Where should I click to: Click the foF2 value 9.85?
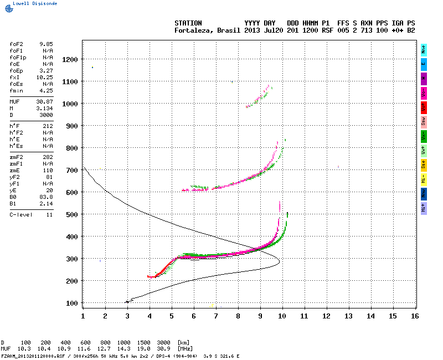[46, 43]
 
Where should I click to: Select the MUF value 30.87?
[44, 102]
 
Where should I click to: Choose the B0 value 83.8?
[46, 197]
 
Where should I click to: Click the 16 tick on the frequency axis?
[415, 316]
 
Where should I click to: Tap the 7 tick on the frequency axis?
[216, 316]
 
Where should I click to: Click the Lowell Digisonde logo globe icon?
[6, 3]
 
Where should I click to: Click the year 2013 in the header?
[252, 30]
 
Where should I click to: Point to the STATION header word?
[188, 23]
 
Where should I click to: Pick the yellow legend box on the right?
[424, 164]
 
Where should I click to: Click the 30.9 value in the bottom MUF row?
[164, 348]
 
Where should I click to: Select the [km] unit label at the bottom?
[183, 343]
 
